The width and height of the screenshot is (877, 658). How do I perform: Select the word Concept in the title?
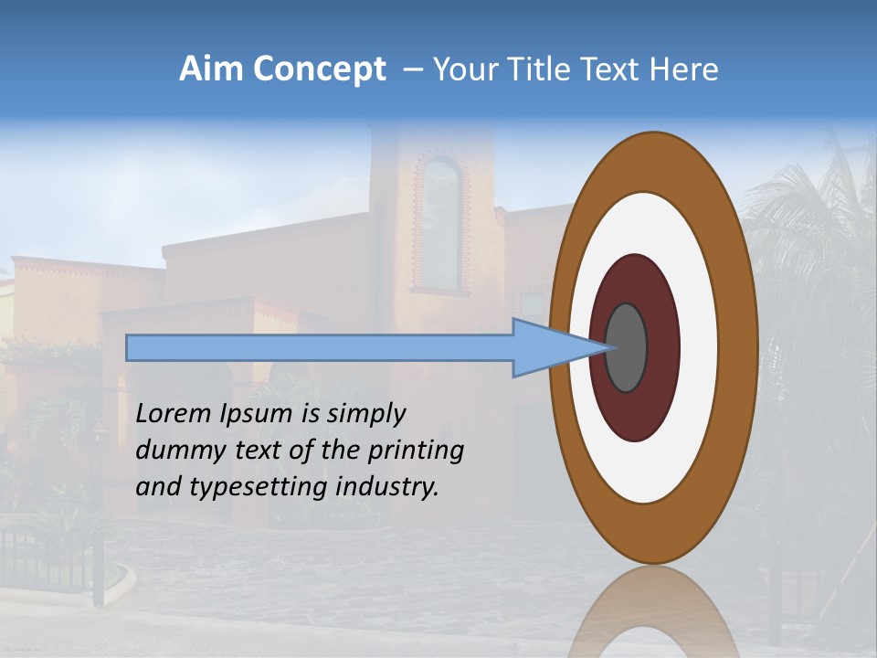pyautogui.click(x=319, y=69)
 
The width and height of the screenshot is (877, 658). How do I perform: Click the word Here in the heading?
pyautogui.click(x=684, y=69)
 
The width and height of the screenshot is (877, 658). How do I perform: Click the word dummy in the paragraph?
pyautogui.click(x=177, y=451)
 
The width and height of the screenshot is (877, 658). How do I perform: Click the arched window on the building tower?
pyautogui.click(x=442, y=224)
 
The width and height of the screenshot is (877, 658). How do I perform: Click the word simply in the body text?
pyautogui.click(x=365, y=415)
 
